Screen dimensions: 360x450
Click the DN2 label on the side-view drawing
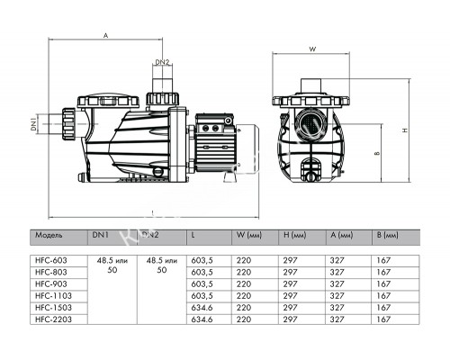click(x=160, y=62)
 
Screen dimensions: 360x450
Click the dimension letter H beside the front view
click(x=407, y=130)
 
